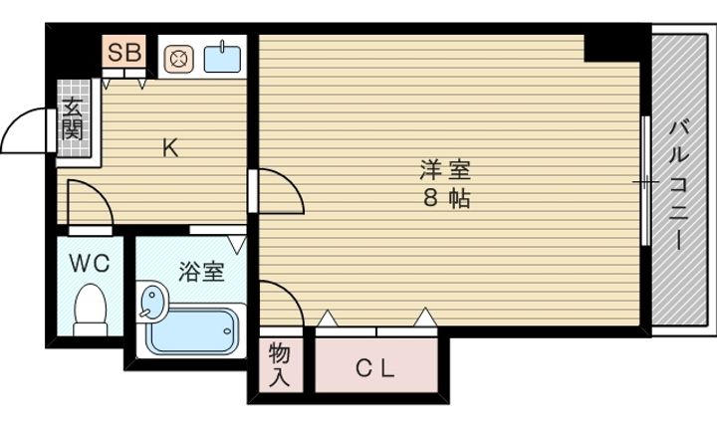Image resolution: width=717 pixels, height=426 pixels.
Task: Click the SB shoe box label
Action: [123, 52]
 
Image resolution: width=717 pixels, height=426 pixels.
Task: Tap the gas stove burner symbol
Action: [178, 59]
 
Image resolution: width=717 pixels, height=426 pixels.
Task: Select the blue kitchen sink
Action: [222, 58]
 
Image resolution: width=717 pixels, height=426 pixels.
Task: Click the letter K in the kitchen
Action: [170, 147]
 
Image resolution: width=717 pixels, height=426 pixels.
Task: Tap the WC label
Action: [90, 264]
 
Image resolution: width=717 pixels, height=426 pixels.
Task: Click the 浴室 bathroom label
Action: [201, 272]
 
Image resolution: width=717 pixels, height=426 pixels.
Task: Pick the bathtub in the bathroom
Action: [192, 331]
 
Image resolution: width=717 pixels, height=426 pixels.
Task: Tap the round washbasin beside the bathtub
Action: [151, 302]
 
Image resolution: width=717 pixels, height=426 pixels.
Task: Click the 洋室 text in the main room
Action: [445, 170]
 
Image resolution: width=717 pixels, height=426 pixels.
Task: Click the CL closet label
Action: [375, 368]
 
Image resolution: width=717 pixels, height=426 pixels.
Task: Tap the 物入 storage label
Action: [280, 364]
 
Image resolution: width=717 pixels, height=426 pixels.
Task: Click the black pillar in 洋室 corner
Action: [611, 48]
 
